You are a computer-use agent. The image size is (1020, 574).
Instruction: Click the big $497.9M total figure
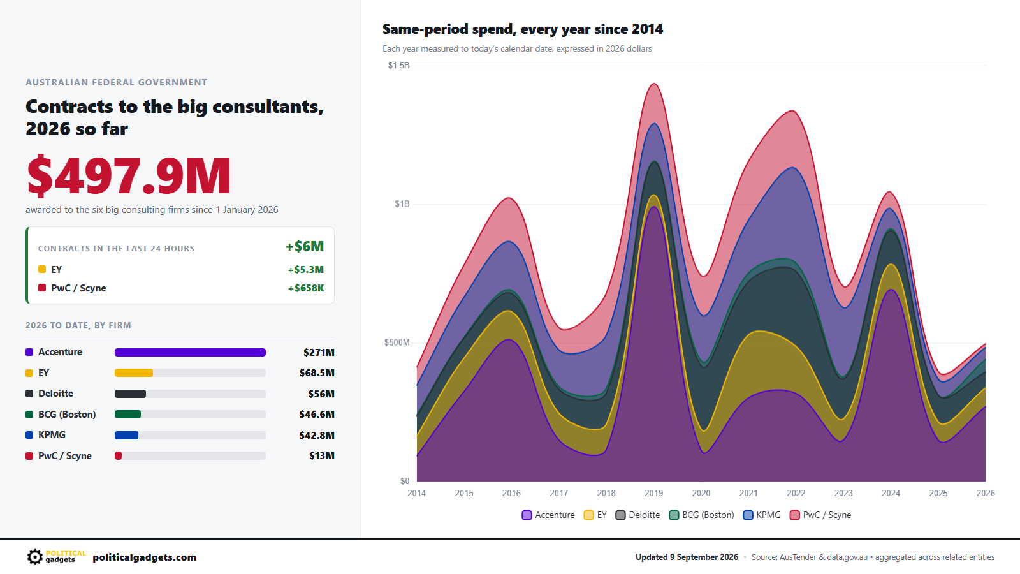pos(129,175)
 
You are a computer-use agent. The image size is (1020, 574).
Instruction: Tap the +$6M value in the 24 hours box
pos(305,246)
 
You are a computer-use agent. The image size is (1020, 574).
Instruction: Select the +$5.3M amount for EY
pos(305,270)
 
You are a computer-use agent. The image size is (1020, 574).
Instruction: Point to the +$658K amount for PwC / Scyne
pos(305,288)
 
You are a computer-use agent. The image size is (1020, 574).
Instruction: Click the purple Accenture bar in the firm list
pos(190,352)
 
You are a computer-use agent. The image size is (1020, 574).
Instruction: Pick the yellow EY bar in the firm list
pos(134,373)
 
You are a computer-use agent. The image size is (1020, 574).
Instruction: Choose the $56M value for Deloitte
pos(321,394)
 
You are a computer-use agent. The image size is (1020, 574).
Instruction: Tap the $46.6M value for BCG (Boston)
pos(316,415)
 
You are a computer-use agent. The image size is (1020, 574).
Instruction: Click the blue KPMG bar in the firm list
pos(127,435)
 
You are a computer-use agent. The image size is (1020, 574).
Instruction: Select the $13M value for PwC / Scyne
pos(321,456)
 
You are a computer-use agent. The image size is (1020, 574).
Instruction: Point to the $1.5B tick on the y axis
pos(398,66)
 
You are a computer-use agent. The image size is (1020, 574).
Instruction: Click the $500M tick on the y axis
pos(397,342)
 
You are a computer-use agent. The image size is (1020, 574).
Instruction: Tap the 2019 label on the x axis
pos(654,493)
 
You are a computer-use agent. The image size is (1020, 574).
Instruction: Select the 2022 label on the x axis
pos(796,493)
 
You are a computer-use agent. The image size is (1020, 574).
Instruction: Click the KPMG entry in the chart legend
pos(762,515)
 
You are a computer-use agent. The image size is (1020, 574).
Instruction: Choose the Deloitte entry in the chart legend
pos(637,515)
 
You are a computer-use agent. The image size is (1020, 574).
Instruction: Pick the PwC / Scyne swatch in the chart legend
pos(794,515)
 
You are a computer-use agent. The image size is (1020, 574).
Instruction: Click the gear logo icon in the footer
pos(34,557)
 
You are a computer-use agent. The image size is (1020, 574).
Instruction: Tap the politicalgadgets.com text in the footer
pos(144,557)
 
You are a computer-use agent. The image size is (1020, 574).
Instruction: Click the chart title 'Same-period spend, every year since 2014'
pos(523,29)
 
